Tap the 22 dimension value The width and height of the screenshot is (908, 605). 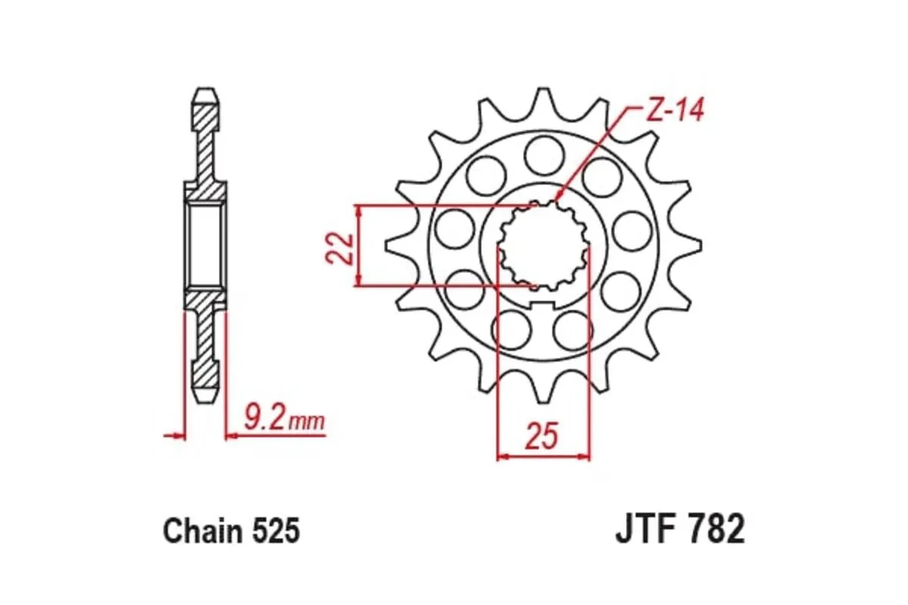(340, 247)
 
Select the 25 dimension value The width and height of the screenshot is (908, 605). (543, 436)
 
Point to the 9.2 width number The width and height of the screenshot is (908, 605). (266, 417)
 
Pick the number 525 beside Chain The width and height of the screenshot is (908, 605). (275, 531)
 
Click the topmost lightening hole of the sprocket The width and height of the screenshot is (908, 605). (542, 154)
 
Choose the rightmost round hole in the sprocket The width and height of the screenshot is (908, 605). (631, 230)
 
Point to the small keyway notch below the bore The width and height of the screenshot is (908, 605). (543, 304)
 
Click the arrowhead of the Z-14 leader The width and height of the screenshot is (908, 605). (558, 199)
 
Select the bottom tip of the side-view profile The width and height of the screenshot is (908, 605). (204, 398)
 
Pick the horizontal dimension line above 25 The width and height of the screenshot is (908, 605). (543, 456)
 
